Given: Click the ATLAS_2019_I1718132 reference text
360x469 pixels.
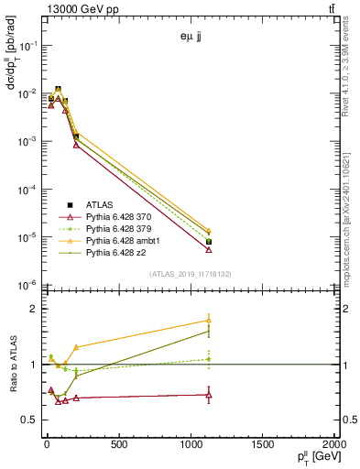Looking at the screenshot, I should tap(191, 274).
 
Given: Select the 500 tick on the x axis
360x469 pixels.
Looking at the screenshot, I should tap(116, 445).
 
